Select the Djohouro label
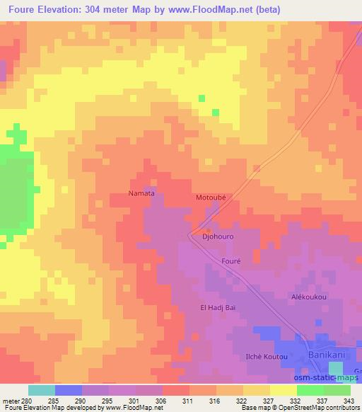click(x=218, y=239)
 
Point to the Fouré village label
click(x=231, y=261)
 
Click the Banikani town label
click(x=327, y=354)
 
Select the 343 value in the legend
click(x=349, y=400)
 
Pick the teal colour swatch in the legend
click(x=42, y=390)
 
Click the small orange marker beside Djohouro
click(x=208, y=231)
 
